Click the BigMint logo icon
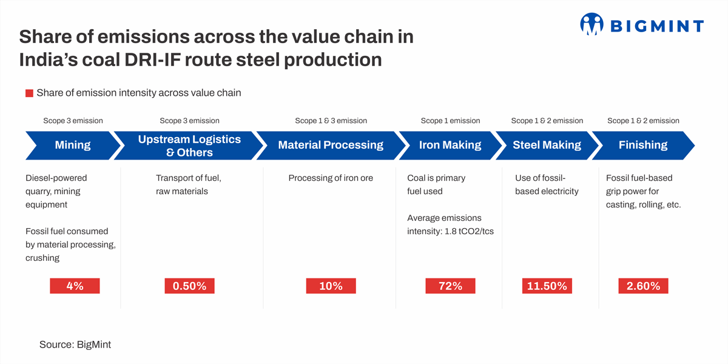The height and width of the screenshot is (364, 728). (591, 24)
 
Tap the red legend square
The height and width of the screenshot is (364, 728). (29, 93)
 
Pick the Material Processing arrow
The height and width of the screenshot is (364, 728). (331, 145)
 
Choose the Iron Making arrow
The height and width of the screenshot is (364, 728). (450, 145)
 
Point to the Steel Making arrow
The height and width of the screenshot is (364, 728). (547, 145)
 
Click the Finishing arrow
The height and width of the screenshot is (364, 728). (643, 145)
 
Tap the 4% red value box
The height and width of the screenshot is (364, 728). (75, 286)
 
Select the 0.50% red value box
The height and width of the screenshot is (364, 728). (190, 286)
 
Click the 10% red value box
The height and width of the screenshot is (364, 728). (331, 286)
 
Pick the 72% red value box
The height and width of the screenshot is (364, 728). (450, 286)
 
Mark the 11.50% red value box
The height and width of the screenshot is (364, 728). (547, 286)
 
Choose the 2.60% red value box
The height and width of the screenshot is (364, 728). (643, 286)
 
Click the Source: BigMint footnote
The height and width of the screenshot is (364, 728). (75, 345)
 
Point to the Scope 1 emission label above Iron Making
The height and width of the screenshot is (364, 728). (450, 121)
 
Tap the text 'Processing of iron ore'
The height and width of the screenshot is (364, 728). (331, 178)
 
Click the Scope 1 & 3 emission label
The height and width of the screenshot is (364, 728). (331, 121)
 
